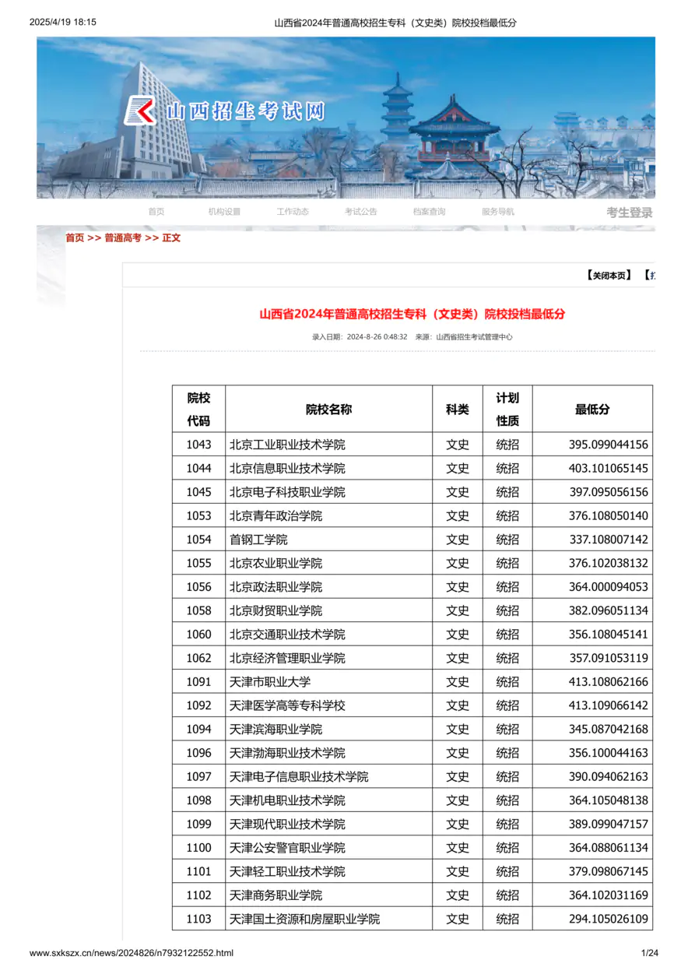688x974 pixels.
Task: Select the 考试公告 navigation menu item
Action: point(361,212)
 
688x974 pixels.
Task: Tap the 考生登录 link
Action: point(629,213)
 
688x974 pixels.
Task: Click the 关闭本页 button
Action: point(609,276)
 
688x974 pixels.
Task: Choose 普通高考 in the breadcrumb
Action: point(123,238)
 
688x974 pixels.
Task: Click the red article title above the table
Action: point(412,315)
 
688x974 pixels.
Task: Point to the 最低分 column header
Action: point(592,410)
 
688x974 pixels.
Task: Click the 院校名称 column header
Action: point(328,410)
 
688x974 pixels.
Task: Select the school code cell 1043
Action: point(198,445)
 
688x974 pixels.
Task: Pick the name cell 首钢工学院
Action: point(258,540)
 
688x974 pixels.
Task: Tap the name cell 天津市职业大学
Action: point(270,682)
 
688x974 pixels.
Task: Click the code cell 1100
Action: point(198,848)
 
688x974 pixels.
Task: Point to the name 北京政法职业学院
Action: point(276,587)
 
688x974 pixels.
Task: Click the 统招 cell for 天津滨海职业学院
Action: point(507,730)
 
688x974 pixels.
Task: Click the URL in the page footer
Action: point(132,953)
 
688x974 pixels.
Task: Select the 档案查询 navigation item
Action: point(430,212)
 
